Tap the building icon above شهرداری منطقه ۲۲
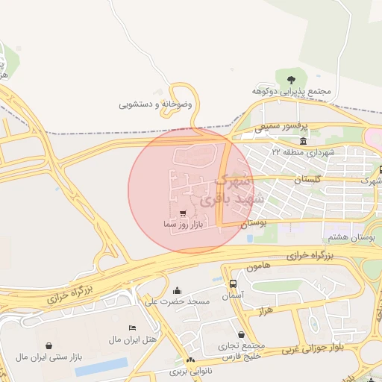pyautogui.click(x=303, y=141)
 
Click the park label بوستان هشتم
pyautogui.click(x=347, y=237)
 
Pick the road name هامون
pyautogui.click(x=255, y=267)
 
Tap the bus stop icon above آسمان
pyautogui.click(x=234, y=284)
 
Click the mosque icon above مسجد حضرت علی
pyautogui.click(x=177, y=290)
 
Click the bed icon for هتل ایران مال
pyautogui.click(x=132, y=328)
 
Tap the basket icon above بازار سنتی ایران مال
pyautogui.click(x=49, y=346)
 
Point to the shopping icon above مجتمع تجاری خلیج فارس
pyautogui.click(x=241, y=335)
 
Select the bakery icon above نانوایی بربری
pyautogui.click(x=190, y=360)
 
